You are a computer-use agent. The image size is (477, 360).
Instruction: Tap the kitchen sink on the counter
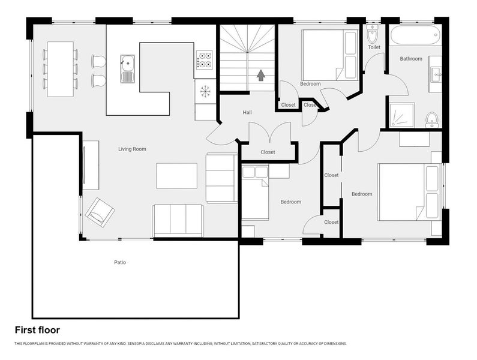point(127,68)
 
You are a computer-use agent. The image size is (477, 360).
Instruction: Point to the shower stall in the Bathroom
point(401,115)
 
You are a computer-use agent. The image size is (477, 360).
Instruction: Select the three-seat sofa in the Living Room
point(178,220)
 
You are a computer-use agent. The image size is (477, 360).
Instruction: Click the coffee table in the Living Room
point(176,176)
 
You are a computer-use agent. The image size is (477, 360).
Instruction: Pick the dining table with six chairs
point(60,69)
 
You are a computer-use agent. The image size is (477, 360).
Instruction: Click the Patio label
point(120,262)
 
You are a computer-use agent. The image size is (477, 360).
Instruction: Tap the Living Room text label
point(132,149)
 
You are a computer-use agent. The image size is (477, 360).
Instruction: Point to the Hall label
point(247,113)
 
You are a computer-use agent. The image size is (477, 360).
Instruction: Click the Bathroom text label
point(411,59)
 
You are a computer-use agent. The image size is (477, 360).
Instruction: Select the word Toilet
point(374,47)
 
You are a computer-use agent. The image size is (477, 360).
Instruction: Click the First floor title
point(37,330)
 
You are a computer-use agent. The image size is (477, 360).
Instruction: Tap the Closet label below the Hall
point(268,152)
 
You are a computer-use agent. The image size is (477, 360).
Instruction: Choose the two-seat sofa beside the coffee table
point(221,178)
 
